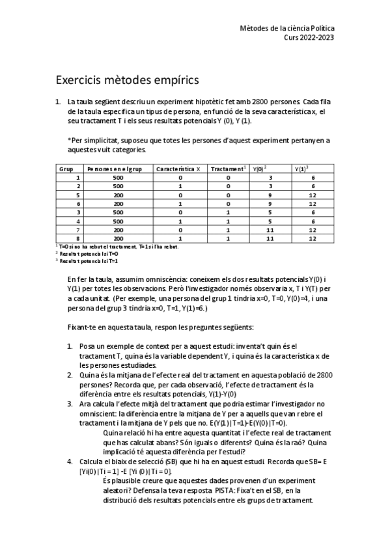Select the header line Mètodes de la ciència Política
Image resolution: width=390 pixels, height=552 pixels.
(x=287, y=29)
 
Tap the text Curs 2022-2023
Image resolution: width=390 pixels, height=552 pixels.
(x=309, y=38)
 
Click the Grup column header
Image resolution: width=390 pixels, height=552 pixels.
(x=66, y=169)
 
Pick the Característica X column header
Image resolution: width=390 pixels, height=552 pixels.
(x=178, y=169)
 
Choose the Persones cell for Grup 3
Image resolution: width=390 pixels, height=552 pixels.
(x=117, y=212)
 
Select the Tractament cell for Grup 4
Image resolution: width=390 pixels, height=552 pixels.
(x=229, y=221)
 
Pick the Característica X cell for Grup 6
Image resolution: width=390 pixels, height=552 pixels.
(x=180, y=204)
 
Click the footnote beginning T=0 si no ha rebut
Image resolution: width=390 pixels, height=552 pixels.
(x=104, y=247)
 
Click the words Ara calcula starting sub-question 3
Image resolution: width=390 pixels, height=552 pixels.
(x=95, y=404)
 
